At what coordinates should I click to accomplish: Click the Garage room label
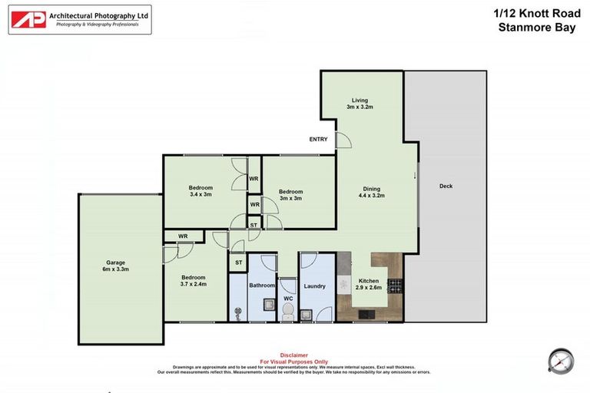coord(116,266)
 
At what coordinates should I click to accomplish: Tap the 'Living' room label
coord(360,104)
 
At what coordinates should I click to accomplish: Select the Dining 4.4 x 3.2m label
coord(371,193)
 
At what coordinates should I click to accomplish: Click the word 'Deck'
coord(446,187)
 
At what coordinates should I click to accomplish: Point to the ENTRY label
coord(318,140)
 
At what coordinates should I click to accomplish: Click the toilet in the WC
coord(288,310)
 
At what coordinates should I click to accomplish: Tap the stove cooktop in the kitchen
coord(394,286)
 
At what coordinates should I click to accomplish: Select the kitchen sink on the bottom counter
coord(363,313)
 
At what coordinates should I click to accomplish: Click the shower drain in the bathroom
coord(237,312)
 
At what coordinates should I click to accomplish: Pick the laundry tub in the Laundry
coord(307,313)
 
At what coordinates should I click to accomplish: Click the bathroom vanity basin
coord(269,305)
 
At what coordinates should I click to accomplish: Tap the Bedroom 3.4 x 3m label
coord(201,191)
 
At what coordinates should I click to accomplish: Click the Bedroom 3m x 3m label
coord(290,195)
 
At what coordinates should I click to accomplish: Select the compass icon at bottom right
coord(561,361)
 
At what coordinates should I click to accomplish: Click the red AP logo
coord(28,19)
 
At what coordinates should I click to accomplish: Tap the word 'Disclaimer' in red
coord(294,355)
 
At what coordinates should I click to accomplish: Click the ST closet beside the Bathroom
coord(238,263)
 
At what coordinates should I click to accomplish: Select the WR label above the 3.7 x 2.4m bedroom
coord(183,236)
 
